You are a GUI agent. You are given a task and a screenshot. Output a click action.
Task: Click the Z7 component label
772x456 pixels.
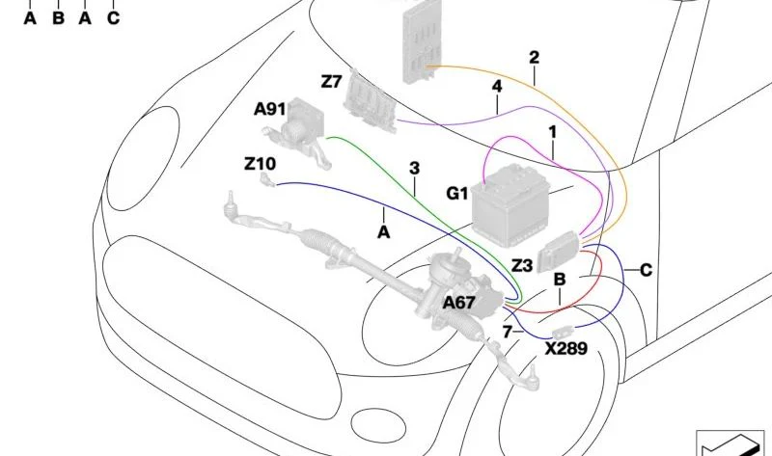[x=331, y=81]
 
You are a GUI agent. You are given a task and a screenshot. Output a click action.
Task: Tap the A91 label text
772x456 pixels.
[x=270, y=109]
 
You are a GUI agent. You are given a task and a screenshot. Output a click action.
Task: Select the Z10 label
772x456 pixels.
[x=261, y=163]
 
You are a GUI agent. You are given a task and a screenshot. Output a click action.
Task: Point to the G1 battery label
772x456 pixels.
[x=456, y=194]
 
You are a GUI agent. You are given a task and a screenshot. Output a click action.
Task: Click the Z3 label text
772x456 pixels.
[x=522, y=266]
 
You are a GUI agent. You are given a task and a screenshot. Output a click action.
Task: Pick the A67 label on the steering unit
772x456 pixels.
[x=459, y=303]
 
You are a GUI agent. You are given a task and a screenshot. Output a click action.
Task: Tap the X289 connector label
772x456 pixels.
[x=566, y=349]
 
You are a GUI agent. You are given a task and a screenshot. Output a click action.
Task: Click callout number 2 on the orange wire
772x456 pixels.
[x=535, y=58]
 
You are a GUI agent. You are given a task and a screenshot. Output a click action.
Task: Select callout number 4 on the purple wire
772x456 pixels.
[x=497, y=86]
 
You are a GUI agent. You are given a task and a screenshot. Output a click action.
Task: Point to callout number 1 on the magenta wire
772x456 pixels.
[x=552, y=132]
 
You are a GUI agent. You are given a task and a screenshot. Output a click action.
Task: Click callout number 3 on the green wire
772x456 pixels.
[x=415, y=169]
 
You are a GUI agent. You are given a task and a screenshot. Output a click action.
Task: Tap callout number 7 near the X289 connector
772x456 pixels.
[x=508, y=332]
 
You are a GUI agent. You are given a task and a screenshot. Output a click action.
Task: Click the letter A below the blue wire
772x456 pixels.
[x=383, y=231]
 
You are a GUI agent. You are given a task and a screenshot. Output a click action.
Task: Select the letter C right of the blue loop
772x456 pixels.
[x=646, y=270]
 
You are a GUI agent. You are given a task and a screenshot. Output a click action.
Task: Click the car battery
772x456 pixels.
[x=510, y=205]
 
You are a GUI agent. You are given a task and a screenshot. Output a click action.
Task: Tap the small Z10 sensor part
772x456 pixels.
[x=267, y=179]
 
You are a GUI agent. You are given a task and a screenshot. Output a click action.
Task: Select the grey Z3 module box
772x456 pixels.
[x=558, y=252]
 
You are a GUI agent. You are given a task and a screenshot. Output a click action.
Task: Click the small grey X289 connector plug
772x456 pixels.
[x=562, y=332]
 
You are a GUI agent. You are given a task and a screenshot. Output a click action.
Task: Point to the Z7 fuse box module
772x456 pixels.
[x=370, y=101]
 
